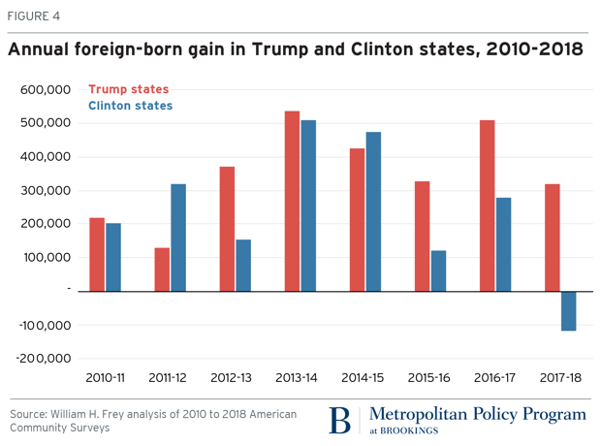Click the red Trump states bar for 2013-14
click(292, 201)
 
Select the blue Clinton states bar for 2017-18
click(568, 310)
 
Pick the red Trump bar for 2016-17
click(487, 205)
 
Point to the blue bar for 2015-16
click(437, 271)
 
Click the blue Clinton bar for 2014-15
click(373, 210)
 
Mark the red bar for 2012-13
click(227, 228)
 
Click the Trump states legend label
click(128, 89)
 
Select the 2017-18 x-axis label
click(559, 375)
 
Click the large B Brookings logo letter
click(339, 419)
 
